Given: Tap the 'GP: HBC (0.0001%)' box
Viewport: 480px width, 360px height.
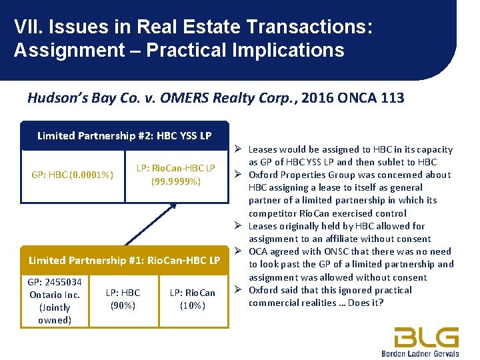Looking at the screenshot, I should pyautogui.click(x=72, y=175).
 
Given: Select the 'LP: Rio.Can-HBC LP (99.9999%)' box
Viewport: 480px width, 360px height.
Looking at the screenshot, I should pyautogui.click(x=176, y=174).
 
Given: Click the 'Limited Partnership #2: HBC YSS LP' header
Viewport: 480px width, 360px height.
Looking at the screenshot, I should pyautogui.click(x=124, y=135).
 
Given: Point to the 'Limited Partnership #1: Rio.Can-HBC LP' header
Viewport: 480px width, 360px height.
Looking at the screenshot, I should pyautogui.click(x=124, y=260).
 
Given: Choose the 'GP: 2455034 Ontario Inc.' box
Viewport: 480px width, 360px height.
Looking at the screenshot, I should pyautogui.click(x=55, y=301).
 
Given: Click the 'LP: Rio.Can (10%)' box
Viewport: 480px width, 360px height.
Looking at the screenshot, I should pyautogui.click(x=193, y=299).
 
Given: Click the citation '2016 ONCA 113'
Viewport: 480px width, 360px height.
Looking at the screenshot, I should pyautogui.click(x=353, y=98).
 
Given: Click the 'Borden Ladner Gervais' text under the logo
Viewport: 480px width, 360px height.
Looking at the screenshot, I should pyautogui.click(x=421, y=353).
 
